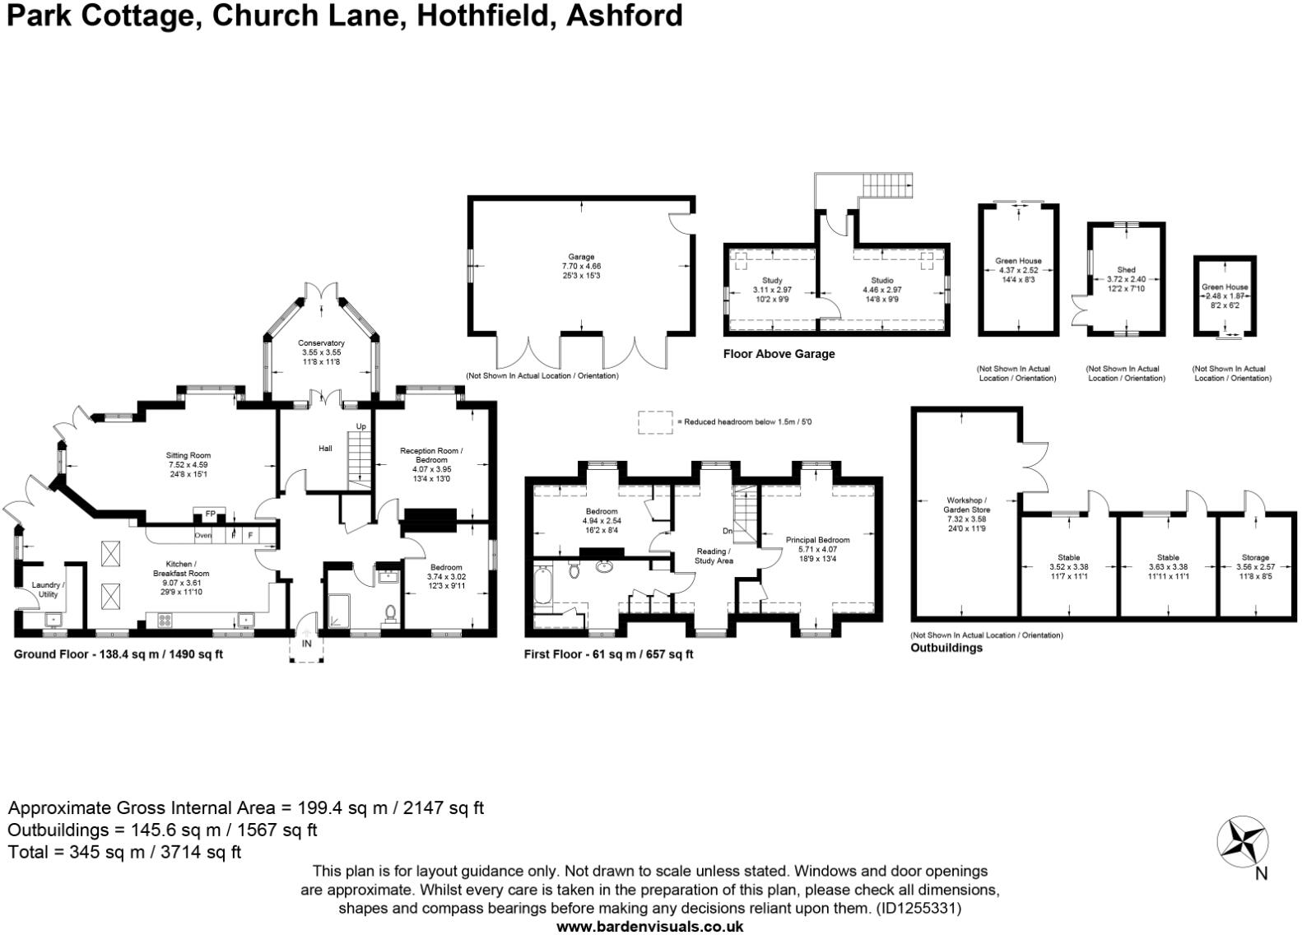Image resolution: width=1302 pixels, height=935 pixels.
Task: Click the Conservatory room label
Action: click(x=321, y=343)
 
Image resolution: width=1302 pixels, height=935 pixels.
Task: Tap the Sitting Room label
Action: click(x=188, y=455)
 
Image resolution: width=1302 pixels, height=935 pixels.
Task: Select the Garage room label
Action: click(x=580, y=257)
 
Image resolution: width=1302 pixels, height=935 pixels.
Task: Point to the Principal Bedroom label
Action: click(x=817, y=540)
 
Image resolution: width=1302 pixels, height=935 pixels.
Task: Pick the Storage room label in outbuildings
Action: click(x=1255, y=557)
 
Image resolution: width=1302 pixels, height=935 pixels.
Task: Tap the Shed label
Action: click(x=1126, y=270)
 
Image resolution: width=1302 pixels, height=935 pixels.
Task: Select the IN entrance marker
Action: click(x=306, y=644)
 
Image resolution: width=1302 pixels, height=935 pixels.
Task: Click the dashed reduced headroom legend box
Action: click(x=656, y=421)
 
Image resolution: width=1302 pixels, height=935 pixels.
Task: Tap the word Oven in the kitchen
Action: click(x=203, y=536)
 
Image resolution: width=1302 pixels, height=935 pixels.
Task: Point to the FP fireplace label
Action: click(x=210, y=514)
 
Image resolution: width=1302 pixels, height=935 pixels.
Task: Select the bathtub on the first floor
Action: click(x=544, y=588)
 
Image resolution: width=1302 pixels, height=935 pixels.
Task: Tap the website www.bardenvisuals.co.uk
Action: click(x=650, y=927)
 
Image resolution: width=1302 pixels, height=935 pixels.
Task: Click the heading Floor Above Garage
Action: click(x=779, y=354)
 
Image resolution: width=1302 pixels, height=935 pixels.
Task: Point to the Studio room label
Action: click(x=881, y=281)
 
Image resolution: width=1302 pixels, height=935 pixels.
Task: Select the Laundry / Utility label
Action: click(x=48, y=589)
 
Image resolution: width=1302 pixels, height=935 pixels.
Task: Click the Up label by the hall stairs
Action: click(x=360, y=426)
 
